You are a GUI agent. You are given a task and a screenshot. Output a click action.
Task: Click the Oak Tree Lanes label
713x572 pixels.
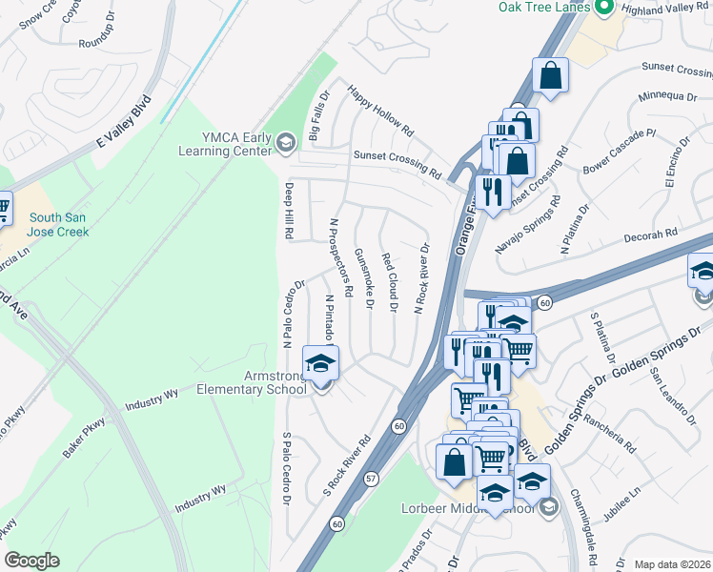[543, 8]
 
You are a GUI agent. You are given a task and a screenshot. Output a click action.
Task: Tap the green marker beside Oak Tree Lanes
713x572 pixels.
[602, 8]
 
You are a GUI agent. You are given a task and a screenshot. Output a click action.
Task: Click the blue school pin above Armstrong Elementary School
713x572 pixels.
[320, 363]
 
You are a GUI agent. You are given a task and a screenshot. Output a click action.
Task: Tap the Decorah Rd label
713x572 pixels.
[650, 232]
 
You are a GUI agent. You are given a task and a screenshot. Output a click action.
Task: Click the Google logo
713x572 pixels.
[31, 561]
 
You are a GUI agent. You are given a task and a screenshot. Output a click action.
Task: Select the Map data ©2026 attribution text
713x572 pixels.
[672, 564]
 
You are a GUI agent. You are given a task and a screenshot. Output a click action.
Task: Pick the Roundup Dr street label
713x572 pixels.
[103, 42]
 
